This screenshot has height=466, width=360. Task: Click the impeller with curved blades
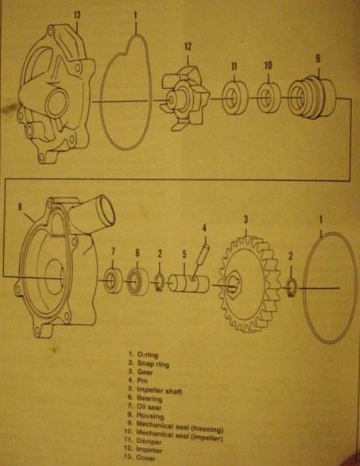coord(185,98)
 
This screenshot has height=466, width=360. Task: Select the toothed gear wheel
coord(250,284)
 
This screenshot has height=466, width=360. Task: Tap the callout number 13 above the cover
coord(77,15)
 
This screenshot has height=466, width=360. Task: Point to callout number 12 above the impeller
coord(188,46)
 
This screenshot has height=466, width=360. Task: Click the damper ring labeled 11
coord(234,98)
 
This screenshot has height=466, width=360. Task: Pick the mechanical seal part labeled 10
coord(269,98)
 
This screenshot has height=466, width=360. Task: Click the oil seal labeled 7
coord(113,280)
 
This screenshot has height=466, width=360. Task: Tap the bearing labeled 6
coord(137,282)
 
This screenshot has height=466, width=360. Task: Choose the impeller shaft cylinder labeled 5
coord(189,283)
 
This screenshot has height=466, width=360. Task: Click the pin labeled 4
coord(200,262)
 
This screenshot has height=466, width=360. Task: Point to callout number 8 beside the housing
coord(20,207)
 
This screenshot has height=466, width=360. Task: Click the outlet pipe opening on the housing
coord(106,211)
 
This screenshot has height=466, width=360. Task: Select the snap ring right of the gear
coord(291,287)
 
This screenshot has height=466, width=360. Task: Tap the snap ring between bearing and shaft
coord(159,283)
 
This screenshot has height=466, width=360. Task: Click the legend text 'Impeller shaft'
coord(159,390)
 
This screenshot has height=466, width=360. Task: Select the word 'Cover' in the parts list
coord(145,458)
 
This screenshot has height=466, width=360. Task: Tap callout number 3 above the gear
coord(246,220)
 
